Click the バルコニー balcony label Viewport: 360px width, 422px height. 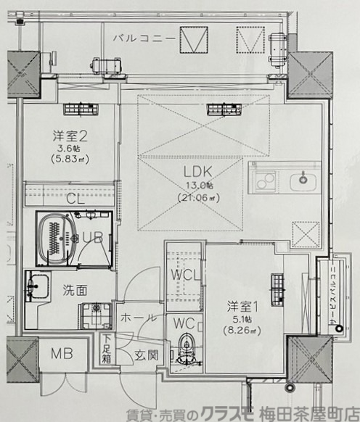(142, 37)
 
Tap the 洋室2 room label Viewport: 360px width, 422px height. (70, 136)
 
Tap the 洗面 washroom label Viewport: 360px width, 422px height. (75, 290)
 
